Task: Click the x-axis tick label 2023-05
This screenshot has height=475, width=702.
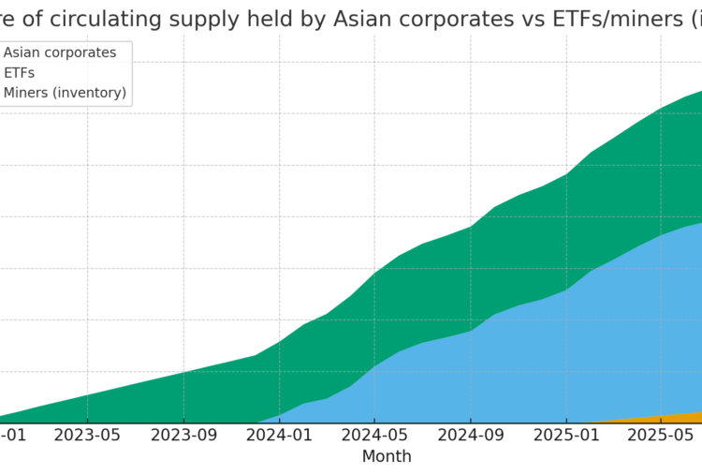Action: click(87, 435)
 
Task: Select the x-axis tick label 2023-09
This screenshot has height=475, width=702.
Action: click(183, 435)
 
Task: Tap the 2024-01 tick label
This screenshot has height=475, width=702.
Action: click(279, 435)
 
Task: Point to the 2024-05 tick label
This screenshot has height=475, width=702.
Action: click(374, 435)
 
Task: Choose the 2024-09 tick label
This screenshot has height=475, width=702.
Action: click(471, 435)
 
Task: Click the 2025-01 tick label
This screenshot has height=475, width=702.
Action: click(566, 435)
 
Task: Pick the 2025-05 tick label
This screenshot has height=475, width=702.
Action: click(660, 435)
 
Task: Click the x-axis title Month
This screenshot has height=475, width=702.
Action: click(387, 456)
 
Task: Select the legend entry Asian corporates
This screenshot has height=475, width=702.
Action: click(60, 52)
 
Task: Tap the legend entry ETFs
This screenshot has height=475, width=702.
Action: click(19, 73)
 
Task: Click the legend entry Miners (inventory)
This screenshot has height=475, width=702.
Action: click(65, 93)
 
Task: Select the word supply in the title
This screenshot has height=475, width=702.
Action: click(191, 18)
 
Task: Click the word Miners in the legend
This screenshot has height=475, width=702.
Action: click(27, 93)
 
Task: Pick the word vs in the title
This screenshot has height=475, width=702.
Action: click(521, 18)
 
